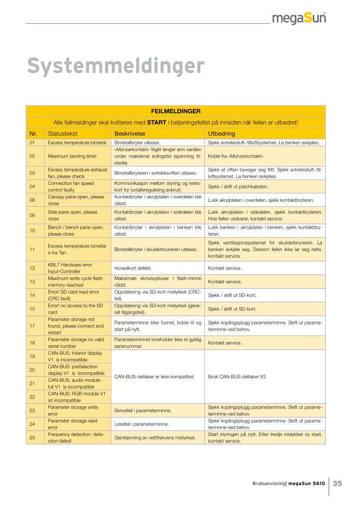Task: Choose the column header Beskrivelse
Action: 129,134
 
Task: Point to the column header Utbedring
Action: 221,134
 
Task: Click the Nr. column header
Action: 33,134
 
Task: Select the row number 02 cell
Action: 32,156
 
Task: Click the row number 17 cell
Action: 32,326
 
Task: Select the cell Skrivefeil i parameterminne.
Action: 143,411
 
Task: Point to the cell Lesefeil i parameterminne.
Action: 142,424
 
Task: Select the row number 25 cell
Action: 32,437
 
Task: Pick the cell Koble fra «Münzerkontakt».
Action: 236,156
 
